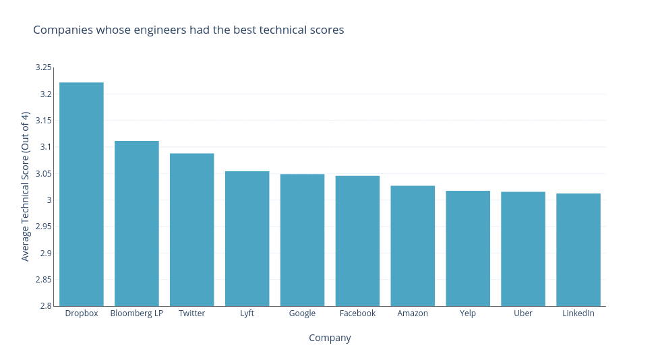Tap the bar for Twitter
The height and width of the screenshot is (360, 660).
tap(192, 230)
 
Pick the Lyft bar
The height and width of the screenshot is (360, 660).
tap(247, 239)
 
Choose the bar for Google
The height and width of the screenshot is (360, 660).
tap(302, 240)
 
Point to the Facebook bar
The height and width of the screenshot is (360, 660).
tap(357, 241)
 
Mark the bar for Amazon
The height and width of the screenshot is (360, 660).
tap(413, 246)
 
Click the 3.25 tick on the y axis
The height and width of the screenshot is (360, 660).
tap(43, 67)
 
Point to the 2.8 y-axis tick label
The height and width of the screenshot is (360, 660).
tap(46, 306)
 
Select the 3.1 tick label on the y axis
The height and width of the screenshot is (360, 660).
tap(46, 147)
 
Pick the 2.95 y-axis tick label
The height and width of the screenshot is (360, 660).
tap(43, 227)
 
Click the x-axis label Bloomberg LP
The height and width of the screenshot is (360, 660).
tap(137, 313)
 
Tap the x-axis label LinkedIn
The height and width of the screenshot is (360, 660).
tap(578, 313)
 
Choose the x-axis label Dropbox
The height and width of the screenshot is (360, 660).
tap(82, 313)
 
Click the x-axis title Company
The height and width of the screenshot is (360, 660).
tap(330, 338)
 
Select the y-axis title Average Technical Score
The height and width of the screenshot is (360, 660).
tap(26, 186)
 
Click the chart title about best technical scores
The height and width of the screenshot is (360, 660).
tap(188, 30)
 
